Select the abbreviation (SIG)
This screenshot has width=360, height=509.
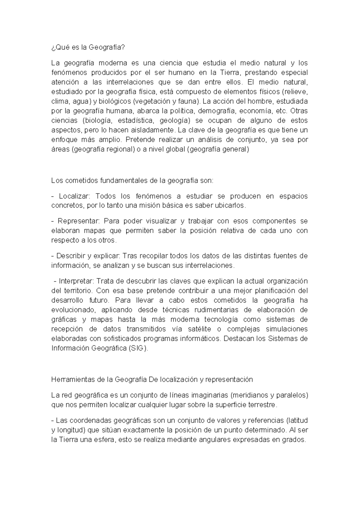(x=138, y=348)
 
